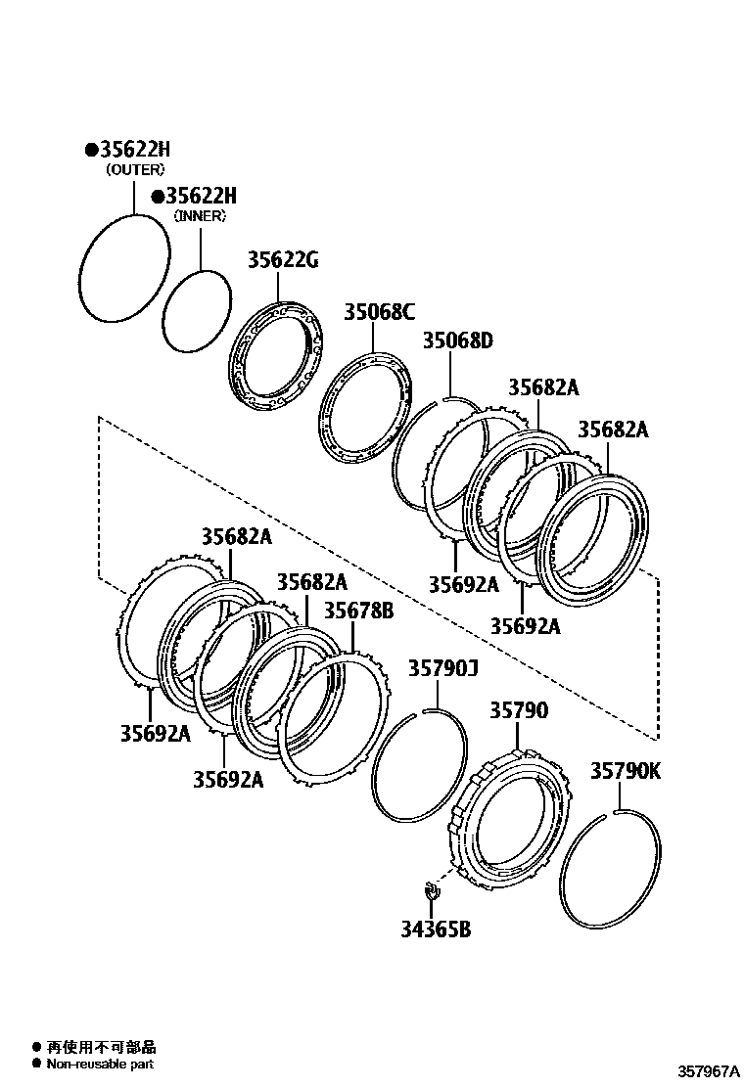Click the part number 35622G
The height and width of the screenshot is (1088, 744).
point(282,260)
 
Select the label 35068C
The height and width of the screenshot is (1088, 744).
point(379,312)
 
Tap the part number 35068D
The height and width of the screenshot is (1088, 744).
point(457,340)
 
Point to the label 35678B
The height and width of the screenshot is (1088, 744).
point(358,611)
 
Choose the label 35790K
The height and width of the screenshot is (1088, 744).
point(625,771)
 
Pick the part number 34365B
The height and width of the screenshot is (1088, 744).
point(434,929)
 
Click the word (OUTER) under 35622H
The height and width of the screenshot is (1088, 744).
point(134,169)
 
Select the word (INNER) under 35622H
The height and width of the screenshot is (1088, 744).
point(199,215)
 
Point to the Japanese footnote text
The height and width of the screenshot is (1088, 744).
point(102,1047)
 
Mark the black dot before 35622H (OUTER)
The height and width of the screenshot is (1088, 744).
point(90,150)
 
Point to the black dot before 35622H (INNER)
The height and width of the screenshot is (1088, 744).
point(157,196)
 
